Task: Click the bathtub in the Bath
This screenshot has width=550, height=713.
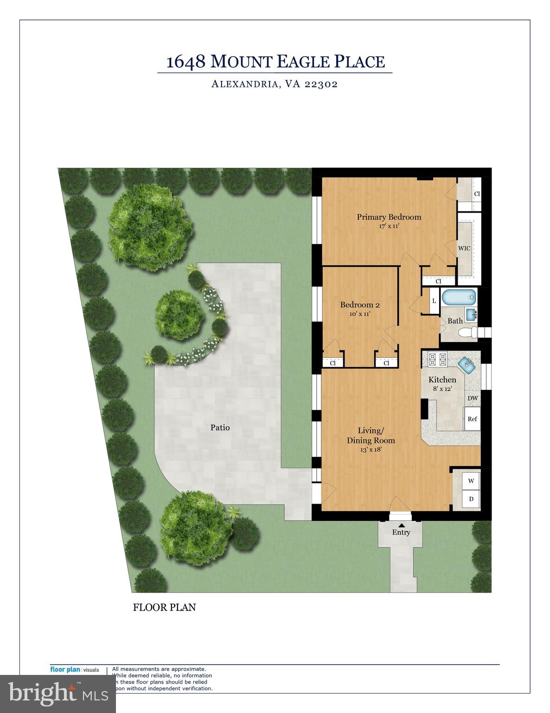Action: tap(458, 298)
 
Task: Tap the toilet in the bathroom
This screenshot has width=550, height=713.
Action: tap(468, 332)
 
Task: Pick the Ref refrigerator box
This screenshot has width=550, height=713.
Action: tap(472, 419)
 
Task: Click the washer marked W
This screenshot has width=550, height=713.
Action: tap(471, 481)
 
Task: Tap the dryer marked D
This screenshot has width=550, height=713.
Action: tap(471, 499)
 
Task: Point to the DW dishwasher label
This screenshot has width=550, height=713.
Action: tap(472, 398)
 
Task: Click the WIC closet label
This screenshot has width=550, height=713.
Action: tap(464, 248)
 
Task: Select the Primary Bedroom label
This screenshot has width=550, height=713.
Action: tap(389, 217)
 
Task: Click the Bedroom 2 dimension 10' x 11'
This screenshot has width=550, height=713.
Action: tap(360, 314)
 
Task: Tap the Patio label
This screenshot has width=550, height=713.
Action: tap(220, 428)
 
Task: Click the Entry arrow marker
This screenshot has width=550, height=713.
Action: tap(401, 524)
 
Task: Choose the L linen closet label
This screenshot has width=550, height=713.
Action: tap(434, 301)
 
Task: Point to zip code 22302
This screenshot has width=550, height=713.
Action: tap(321, 84)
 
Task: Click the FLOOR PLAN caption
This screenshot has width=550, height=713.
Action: tap(164, 607)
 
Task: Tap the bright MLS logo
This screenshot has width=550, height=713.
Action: tap(58, 694)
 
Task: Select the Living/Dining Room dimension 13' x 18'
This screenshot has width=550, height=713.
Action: tap(371, 449)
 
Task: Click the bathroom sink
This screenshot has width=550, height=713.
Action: tap(470, 314)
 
